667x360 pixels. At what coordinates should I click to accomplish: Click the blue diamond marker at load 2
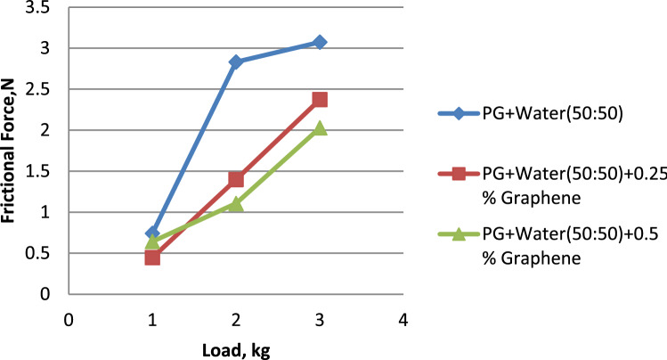[x=236, y=61]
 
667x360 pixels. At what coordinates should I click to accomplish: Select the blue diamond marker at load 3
[x=320, y=42]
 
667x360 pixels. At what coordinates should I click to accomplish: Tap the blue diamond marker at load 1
[x=152, y=233]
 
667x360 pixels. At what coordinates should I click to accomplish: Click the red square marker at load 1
[x=152, y=258]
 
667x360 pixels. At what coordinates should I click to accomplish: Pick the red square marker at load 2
[x=236, y=179]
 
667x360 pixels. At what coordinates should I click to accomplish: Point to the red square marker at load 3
[x=320, y=100]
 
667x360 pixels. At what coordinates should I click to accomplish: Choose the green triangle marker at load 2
[x=236, y=203]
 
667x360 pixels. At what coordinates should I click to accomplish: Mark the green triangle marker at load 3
[x=320, y=128]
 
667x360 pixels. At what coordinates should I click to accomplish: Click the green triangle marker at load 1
[x=152, y=241]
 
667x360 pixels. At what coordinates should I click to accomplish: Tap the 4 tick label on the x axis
[x=403, y=319]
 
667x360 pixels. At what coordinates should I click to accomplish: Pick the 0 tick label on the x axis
[x=68, y=319]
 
